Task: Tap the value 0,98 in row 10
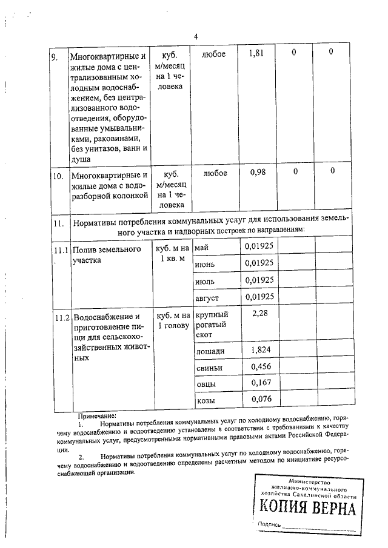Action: (258, 173)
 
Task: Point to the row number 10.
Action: (58, 177)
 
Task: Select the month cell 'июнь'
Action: (205, 264)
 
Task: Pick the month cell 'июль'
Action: (205, 281)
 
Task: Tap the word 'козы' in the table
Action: (206, 401)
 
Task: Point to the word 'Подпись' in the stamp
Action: (270, 524)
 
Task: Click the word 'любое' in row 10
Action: (215, 173)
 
